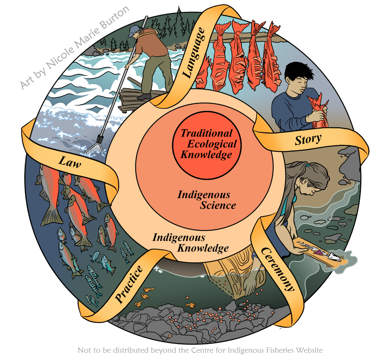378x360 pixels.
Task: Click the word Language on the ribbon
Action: click(194, 53)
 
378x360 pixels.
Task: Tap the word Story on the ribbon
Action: click(308, 140)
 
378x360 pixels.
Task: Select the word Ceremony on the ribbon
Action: click(277, 268)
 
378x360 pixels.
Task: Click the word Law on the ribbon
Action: click(70, 163)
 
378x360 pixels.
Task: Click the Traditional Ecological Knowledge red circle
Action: click(207, 144)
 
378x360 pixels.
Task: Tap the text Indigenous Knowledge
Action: click(191, 243)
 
